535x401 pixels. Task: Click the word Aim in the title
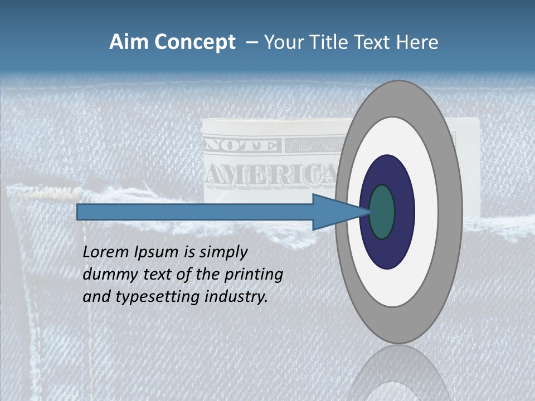point(128,42)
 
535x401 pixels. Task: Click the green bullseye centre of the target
point(382,212)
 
